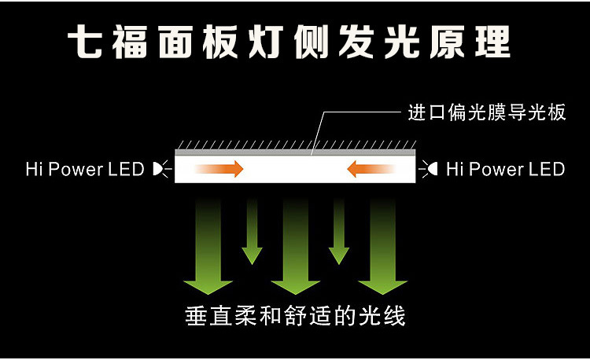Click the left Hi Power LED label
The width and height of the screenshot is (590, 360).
pyautogui.click(x=85, y=169)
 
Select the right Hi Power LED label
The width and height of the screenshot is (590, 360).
pyautogui.click(x=505, y=169)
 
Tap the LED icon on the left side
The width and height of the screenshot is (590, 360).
pyautogui.click(x=160, y=168)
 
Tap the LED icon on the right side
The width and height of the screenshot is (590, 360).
pyautogui.click(x=430, y=168)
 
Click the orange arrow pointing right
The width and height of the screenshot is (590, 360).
pyautogui.click(x=219, y=168)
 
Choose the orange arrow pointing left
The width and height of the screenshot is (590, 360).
pyautogui.click(x=371, y=168)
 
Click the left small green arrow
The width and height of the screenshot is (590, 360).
pyautogui.click(x=252, y=232)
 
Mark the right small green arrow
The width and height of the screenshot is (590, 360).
pyautogui.click(x=339, y=232)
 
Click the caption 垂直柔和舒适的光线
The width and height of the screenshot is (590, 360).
pyautogui.click(x=295, y=316)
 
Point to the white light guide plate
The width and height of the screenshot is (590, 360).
pyautogui.click(x=295, y=168)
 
